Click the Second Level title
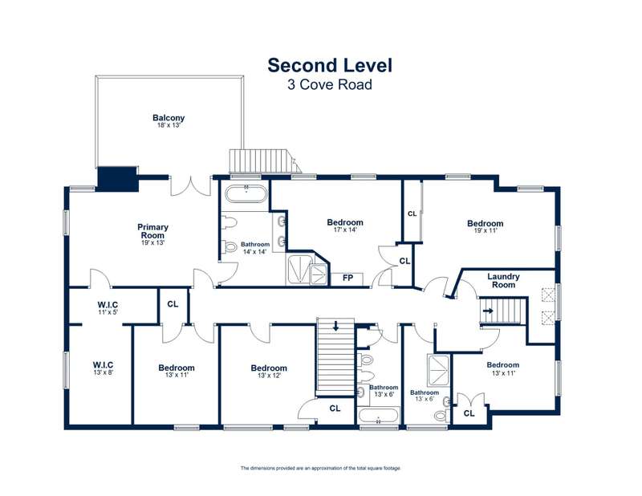[330, 66]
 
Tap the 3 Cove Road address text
[330, 85]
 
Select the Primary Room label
[152, 231]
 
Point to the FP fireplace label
[347, 278]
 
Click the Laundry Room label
[503, 281]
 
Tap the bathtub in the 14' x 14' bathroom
[246, 194]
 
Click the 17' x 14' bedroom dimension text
[345, 230]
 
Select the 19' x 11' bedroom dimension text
[486, 230]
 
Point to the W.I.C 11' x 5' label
[108, 308]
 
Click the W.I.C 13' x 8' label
[103, 368]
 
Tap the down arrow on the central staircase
[335, 326]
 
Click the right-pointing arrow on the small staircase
[488, 311]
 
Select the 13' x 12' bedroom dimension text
[269, 375]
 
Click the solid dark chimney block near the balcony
[116, 179]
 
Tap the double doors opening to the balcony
[190, 185]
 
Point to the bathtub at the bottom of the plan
[378, 417]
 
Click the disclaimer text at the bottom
[320, 468]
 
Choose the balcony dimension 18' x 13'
[169, 125]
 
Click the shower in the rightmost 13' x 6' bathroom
[438, 370]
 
